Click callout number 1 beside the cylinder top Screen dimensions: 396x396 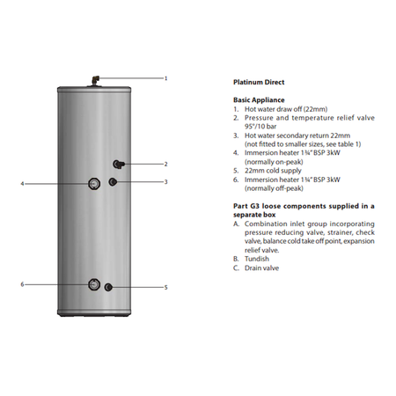[x=165, y=78]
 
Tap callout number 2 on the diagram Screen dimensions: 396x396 [x=165, y=164]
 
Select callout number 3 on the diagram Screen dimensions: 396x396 [x=165, y=182]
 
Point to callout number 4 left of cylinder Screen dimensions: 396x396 [x=22, y=184]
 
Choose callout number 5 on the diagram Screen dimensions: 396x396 [x=165, y=288]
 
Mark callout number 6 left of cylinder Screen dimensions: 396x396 [x=22, y=284]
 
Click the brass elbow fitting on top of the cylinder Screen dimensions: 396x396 [x=96, y=80]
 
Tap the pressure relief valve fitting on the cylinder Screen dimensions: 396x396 [x=119, y=165]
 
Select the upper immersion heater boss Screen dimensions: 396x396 [x=94, y=184]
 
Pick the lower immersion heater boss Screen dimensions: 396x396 [x=94, y=284]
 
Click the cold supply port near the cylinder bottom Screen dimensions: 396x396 [x=108, y=287]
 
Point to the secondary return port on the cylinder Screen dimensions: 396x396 [x=113, y=182]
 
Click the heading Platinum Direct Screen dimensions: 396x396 [x=259, y=82]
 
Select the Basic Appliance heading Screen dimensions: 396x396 [x=259, y=100]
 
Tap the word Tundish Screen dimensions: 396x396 [x=257, y=259]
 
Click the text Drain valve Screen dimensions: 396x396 [x=261, y=268]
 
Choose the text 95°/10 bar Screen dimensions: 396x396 [x=260, y=127]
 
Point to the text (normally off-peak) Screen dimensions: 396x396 [x=274, y=188]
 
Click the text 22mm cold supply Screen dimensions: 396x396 [x=273, y=171]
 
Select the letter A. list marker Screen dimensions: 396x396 [x=237, y=224]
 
